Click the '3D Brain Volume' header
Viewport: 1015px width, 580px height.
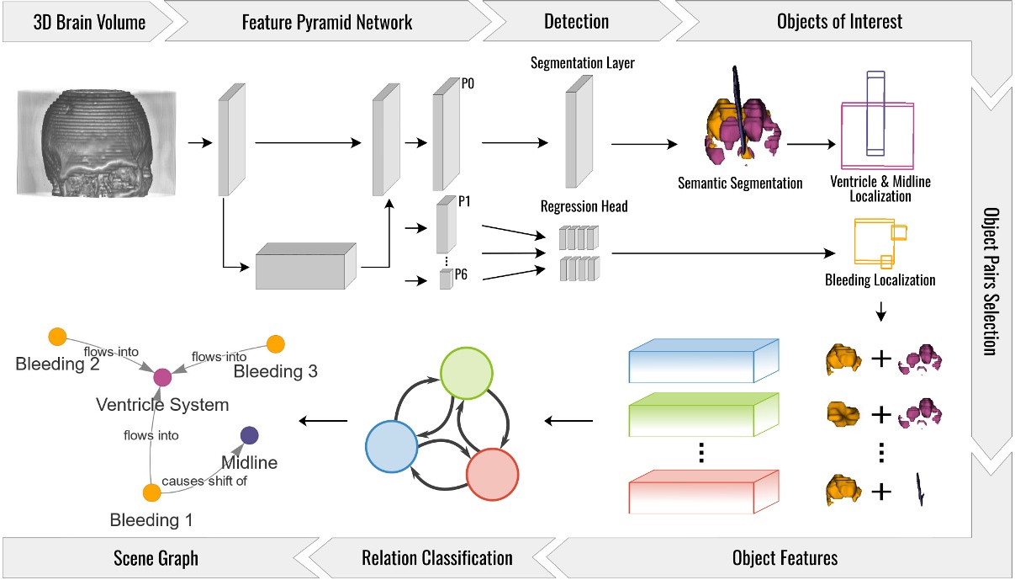[x=88, y=21]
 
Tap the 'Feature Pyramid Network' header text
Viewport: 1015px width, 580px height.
[x=327, y=21]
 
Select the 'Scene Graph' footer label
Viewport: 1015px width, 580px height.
[x=156, y=557]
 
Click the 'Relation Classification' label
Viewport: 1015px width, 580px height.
[x=436, y=557]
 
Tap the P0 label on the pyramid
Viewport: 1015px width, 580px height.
[x=468, y=83]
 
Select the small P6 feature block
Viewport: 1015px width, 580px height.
[x=445, y=279]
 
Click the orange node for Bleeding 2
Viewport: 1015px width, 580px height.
[x=57, y=336]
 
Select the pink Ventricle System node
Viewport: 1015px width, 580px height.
[x=161, y=377]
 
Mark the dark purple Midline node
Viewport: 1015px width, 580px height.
[x=249, y=434]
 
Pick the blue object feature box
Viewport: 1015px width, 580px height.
[x=706, y=359]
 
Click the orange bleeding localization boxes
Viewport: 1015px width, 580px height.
[x=880, y=242]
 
